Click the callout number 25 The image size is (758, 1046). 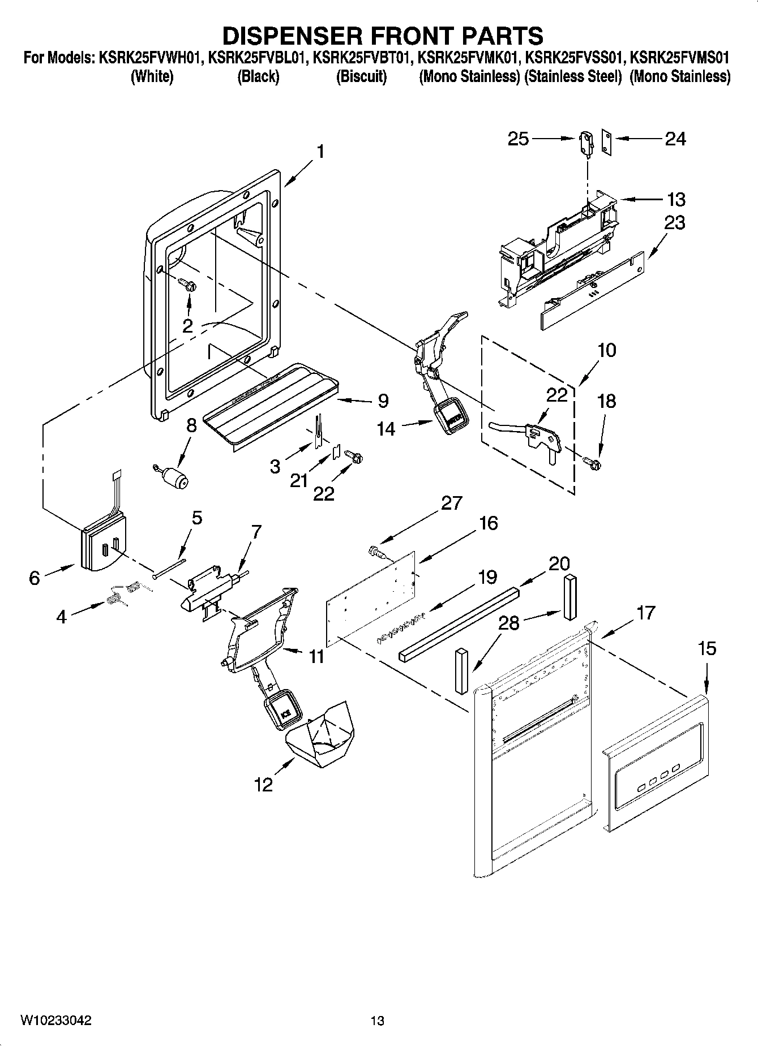pyautogui.click(x=518, y=139)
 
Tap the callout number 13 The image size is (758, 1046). pyautogui.click(x=676, y=199)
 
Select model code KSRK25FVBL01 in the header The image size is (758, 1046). pyautogui.click(x=257, y=58)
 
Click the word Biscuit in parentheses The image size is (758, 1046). pyautogui.click(x=361, y=76)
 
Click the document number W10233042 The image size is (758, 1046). pyautogui.click(x=56, y=1021)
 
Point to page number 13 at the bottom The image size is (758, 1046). pyautogui.click(x=377, y=1021)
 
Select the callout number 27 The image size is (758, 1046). pyautogui.click(x=451, y=502)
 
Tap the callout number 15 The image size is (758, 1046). pyautogui.click(x=706, y=648)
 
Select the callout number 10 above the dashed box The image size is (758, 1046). pyautogui.click(x=606, y=350)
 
